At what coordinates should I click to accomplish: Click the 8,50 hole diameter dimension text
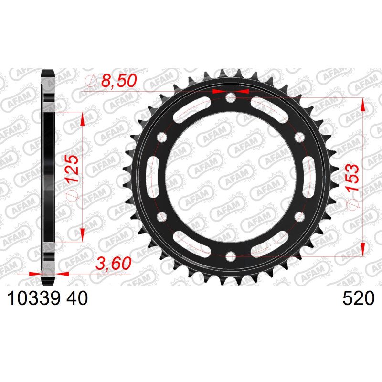click(x=118, y=81)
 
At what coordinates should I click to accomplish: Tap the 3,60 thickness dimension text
click(x=114, y=263)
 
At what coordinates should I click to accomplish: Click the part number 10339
click(x=33, y=298)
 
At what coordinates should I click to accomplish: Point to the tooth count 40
click(x=77, y=298)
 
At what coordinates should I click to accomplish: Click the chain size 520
click(x=358, y=298)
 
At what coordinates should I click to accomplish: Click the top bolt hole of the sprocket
click(x=231, y=98)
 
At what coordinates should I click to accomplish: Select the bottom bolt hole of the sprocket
click(x=231, y=256)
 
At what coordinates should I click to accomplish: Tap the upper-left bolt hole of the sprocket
click(x=162, y=138)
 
